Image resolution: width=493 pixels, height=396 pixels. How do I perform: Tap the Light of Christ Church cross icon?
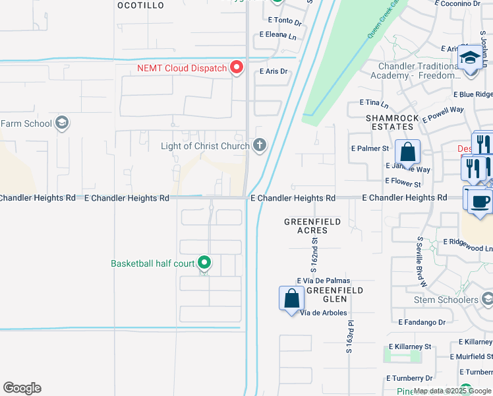[x=260, y=145]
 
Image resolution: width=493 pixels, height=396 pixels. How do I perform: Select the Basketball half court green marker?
[x=204, y=263]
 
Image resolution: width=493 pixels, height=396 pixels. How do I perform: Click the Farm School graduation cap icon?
[x=62, y=123]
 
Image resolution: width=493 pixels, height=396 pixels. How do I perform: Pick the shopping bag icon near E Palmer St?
[x=407, y=152]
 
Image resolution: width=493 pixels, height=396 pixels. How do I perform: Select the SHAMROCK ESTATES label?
[x=392, y=122]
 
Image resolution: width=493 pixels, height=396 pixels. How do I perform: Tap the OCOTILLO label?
[x=140, y=5]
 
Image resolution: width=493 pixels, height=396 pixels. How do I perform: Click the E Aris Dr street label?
[x=274, y=71]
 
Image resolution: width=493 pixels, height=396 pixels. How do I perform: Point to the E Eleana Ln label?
[x=278, y=34]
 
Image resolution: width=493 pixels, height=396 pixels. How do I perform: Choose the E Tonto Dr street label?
[x=285, y=22]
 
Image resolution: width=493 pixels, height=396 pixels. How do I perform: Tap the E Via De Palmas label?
[x=323, y=280]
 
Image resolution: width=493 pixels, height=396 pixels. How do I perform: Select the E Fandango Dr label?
[x=422, y=322]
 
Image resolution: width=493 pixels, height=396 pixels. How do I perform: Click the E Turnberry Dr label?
[x=410, y=378]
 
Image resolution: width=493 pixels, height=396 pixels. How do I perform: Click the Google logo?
[x=22, y=388]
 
